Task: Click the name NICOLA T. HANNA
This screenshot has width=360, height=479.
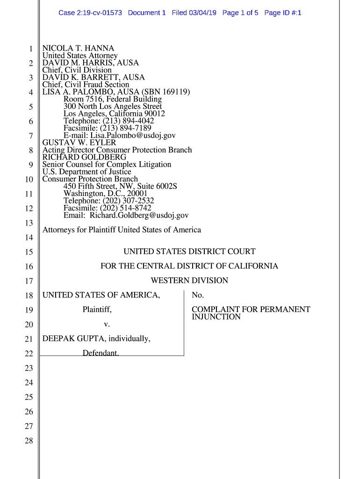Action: tap(78, 48)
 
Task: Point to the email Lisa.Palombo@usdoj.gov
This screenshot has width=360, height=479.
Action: tap(133, 135)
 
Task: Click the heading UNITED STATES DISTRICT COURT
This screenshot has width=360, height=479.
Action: tap(189, 252)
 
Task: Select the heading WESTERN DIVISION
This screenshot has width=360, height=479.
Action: tap(189, 281)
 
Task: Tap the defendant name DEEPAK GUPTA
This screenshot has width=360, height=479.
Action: tap(71, 339)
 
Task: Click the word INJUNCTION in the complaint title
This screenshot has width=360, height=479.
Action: tap(216, 317)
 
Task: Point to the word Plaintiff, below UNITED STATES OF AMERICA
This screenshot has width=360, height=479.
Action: tap(97, 310)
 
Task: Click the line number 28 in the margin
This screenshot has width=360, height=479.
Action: tap(29, 441)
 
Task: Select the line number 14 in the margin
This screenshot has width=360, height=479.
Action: tap(29, 238)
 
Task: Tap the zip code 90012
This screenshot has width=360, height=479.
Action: tap(154, 114)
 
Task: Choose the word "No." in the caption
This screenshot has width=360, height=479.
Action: tap(198, 295)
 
